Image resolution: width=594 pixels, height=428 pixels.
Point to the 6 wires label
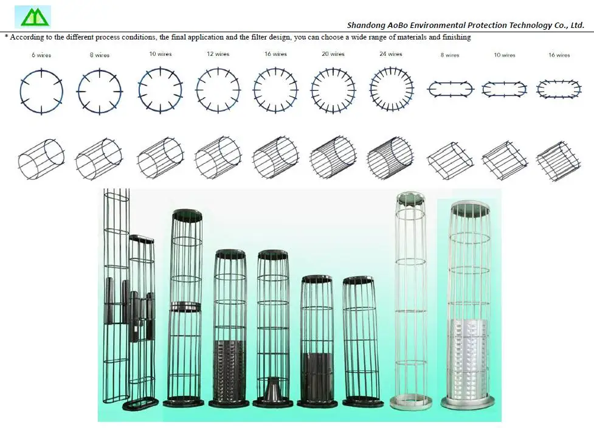41,55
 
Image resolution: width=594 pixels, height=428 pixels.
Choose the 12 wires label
218,54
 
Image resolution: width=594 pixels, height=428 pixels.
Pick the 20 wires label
333,54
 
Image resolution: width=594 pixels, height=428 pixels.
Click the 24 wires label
390,54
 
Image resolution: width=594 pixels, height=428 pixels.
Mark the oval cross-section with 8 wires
450,89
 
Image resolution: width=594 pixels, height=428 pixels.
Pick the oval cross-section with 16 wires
558,89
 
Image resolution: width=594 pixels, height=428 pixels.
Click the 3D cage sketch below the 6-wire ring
41,157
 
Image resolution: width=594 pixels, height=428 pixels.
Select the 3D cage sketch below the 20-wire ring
333,157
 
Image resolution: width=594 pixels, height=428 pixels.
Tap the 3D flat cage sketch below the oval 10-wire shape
504,160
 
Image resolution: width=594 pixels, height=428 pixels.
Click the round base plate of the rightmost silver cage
468,402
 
